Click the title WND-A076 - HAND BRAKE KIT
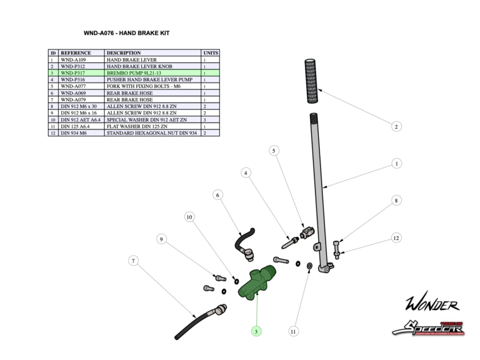[126, 33]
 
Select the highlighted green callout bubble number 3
[256, 331]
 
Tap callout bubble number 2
[396, 127]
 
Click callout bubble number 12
[396, 238]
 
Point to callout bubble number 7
[132, 261]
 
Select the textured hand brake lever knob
[312, 81]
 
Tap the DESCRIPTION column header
[124, 53]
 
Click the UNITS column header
[211, 53]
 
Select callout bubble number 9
[161, 239]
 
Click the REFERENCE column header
[76, 53]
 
